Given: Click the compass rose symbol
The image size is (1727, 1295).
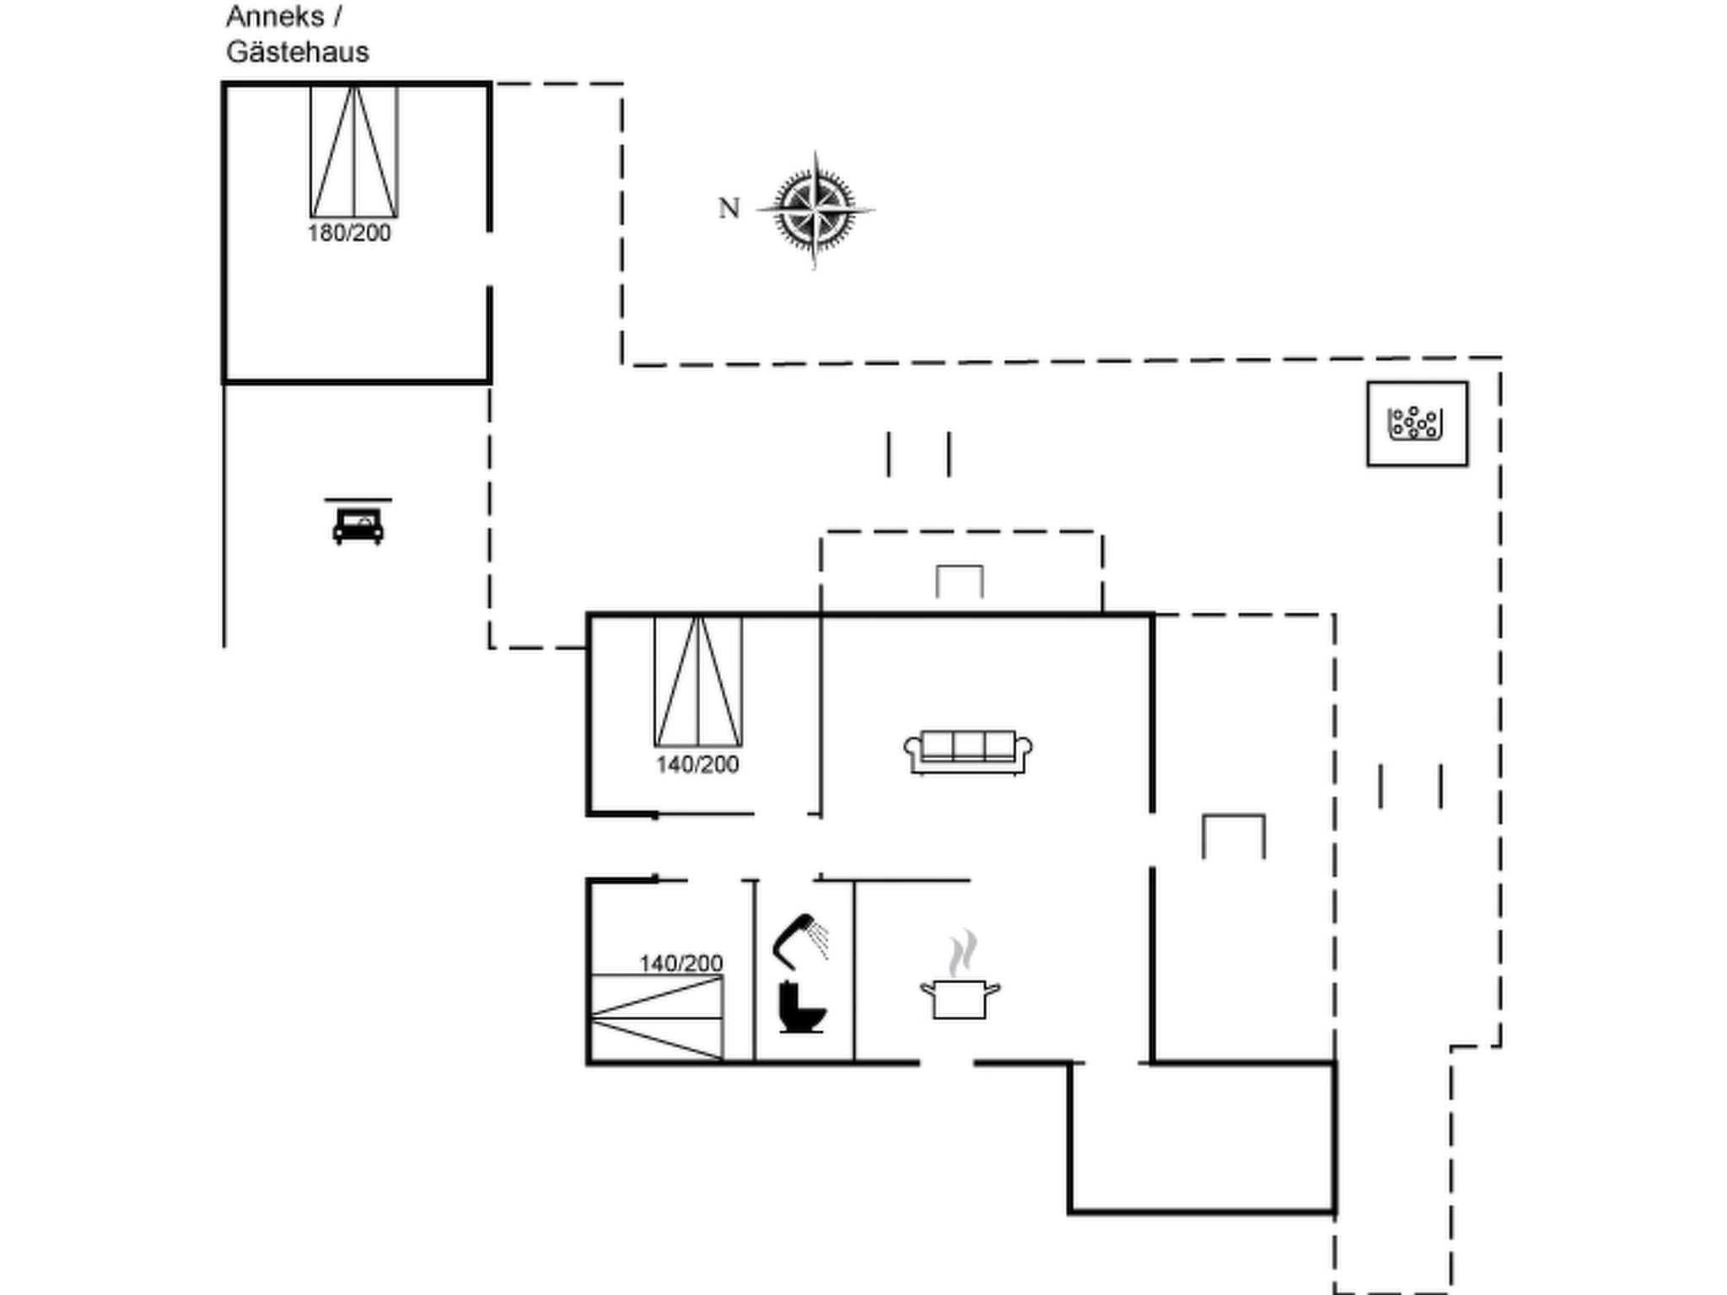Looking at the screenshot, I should (x=815, y=210).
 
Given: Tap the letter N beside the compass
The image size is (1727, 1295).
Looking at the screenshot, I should (x=729, y=208).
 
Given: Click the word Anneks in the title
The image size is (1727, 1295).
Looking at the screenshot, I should (x=275, y=16).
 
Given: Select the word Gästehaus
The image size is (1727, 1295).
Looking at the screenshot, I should (x=298, y=52).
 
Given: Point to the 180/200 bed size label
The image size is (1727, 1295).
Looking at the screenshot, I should (x=349, y=234).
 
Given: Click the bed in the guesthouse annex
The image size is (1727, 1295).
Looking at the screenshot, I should (x=354, y=152).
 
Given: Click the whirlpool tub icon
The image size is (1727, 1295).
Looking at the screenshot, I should (x=1417, y=423).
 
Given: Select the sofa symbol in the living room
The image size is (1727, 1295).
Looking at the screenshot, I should (x=968, y=752).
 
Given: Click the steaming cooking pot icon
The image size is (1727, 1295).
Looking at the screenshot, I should (x=960, y=998).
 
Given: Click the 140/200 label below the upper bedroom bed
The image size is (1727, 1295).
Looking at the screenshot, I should (x=697, y=765).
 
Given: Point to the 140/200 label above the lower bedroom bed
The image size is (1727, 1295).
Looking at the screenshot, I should (x=681, y=963).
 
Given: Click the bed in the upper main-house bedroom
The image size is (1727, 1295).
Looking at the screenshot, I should (x=698, y=681).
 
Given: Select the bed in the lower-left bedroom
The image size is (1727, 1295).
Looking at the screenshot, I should (x=657, y=1018).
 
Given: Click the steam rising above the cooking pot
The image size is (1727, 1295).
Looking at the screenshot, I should (x=962, y=953).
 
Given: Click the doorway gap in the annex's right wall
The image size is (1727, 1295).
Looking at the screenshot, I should (x=489, y=259).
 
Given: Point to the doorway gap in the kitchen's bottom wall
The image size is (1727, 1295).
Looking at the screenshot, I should (x=946, y=1063).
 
